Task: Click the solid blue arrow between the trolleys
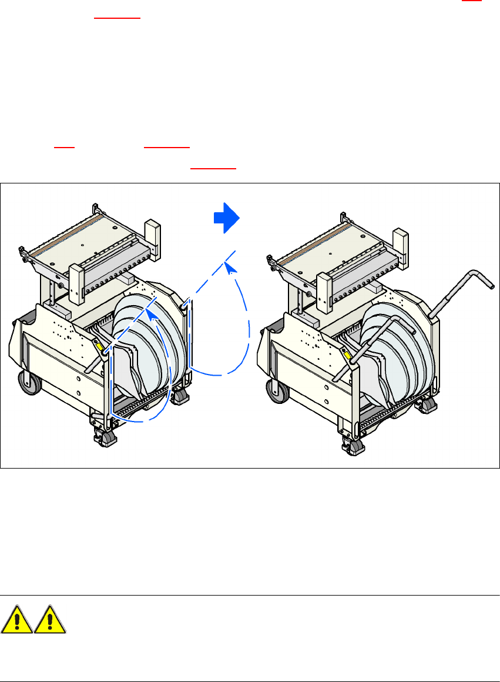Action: pyautogui.click(x=226, y=218)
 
